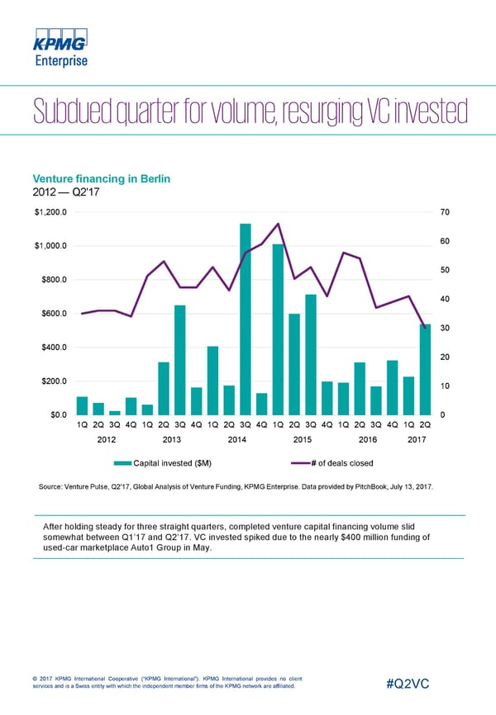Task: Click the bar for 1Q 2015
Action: [x=279, y=329]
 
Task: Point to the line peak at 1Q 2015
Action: [x=279, y=224]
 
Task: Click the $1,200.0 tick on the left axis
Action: [x=51, y=212]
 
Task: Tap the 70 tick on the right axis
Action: [x=445, y=212]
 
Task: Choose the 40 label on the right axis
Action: [x=445, y=298]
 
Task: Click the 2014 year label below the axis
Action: [x=237, y=440]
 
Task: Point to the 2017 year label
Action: [x=417, y=440]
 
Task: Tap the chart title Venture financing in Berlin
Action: [x=101, y=179]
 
